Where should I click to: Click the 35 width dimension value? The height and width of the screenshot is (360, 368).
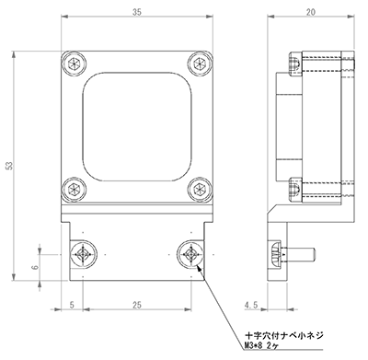pos(137,12)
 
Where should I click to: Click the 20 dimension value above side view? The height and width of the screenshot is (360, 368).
pos(311,12)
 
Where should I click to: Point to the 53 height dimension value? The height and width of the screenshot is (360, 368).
pos(9,166)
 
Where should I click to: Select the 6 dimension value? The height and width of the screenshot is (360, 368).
pos(36,267)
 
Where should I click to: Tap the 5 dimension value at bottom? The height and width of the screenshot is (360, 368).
pos(72,305)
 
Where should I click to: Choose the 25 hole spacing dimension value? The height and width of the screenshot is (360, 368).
pos(137,305)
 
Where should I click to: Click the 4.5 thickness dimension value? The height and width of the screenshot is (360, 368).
pos(251,305)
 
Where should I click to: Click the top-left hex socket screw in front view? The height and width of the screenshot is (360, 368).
pos(74,64)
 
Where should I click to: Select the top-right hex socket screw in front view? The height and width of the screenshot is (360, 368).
pos(200,64)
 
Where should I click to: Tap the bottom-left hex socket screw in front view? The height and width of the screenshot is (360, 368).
pos(74,190)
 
